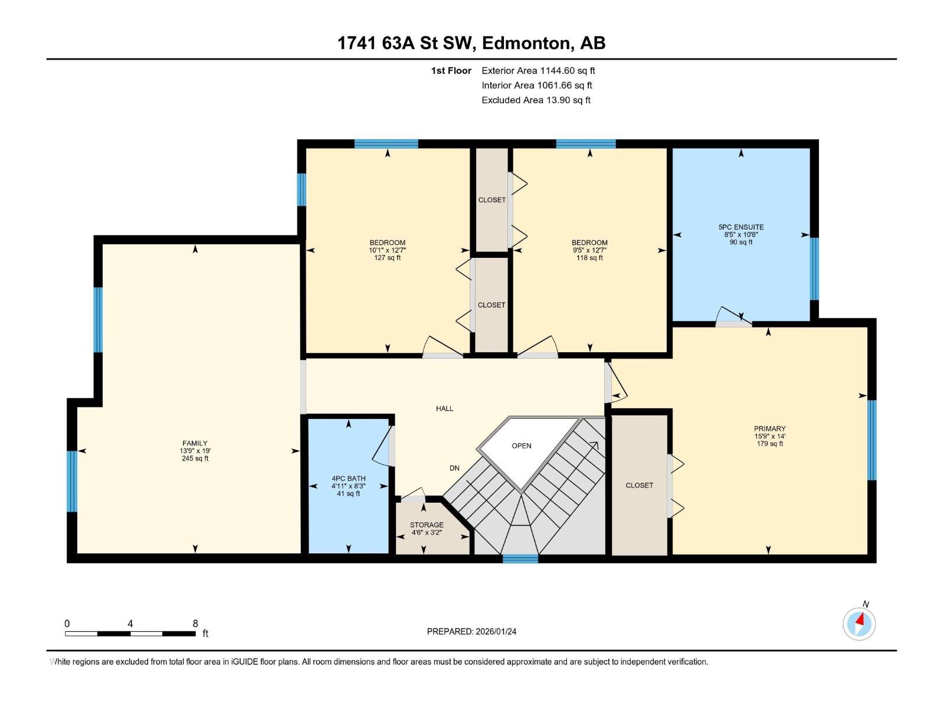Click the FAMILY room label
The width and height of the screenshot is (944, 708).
[195, 443]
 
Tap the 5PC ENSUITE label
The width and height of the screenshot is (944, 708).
[741, 227]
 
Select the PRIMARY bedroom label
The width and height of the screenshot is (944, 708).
[770, 428]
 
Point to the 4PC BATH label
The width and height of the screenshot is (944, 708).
[348, 478]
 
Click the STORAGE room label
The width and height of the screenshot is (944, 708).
[427, 525]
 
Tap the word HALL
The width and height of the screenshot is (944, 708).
[445, 408]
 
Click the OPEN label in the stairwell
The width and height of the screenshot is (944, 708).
[522, 446]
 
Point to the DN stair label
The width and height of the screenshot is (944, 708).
[454, 468]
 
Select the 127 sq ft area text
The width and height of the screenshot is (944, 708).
[388, 258]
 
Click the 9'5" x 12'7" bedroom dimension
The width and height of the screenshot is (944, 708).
[589, 250]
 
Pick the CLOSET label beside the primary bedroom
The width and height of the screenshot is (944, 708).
[640, 486]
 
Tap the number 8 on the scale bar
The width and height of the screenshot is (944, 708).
[195, 623]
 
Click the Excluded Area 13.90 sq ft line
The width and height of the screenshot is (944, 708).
[536, 100]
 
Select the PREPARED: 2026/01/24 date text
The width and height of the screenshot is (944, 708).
[472, 631]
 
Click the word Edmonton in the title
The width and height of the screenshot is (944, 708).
[528, 44]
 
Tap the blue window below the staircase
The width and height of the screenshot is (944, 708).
[520, 559]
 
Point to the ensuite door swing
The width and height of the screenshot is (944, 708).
[733, 316]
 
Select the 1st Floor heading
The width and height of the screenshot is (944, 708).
[451, 70]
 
